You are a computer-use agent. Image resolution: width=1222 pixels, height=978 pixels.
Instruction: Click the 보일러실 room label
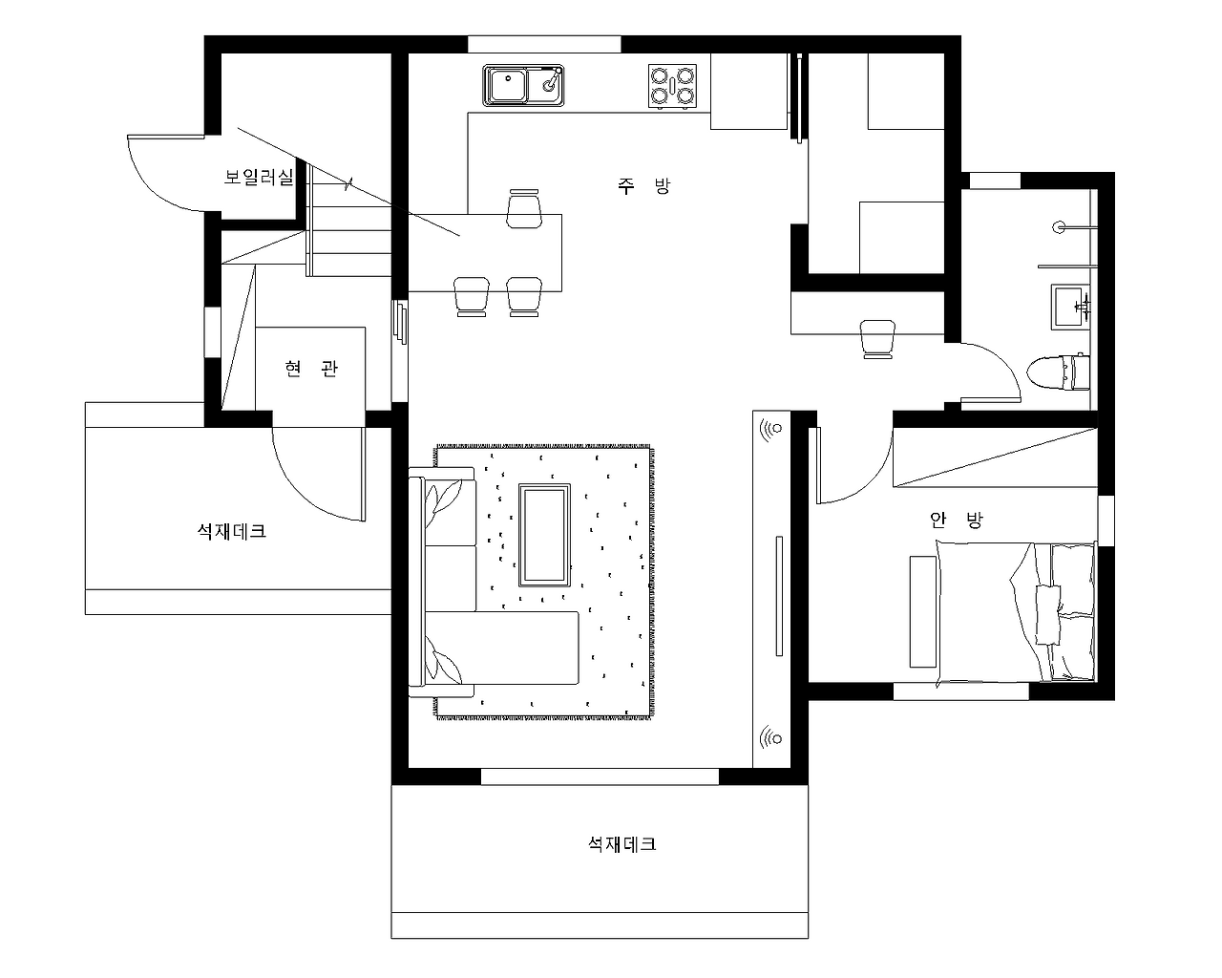coord(259,177)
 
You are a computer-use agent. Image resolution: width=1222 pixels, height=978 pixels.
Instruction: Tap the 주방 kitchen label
coord(643,185)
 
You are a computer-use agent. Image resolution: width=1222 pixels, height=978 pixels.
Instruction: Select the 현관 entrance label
coord(311,369)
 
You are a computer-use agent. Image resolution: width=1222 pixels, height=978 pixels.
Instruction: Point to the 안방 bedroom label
coord(957,519)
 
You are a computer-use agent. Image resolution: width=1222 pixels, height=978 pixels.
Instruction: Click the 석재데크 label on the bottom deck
coord(622,843)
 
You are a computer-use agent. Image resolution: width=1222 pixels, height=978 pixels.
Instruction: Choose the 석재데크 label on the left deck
coord(232,531)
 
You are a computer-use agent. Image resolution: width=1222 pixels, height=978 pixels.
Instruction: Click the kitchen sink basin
coord(523,85)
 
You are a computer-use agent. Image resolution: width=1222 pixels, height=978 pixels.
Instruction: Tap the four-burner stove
coord(672,86)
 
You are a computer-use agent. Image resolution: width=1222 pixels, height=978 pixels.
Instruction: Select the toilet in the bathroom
coord(1059,372)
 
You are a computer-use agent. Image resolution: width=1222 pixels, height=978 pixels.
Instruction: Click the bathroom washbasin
coord(1070,307)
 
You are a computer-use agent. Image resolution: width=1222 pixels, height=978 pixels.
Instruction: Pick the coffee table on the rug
coord(544,535)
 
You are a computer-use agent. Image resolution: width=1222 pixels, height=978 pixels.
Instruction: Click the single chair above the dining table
coord(523,208)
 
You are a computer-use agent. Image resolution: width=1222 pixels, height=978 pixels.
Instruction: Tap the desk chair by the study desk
coord(877,339)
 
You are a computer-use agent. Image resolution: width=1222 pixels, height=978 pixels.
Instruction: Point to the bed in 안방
coord(1016,612)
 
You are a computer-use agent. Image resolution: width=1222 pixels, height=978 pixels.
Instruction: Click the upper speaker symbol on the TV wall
coord(771,429)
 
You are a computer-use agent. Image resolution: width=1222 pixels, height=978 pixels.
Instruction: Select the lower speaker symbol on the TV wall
coord(771,739)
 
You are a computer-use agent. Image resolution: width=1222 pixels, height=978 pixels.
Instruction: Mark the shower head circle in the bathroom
coord(1059,227)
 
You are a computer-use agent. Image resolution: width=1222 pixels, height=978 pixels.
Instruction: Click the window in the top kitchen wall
coord(544,44)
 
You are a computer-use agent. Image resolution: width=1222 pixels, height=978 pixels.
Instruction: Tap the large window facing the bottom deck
coord(600,776)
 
